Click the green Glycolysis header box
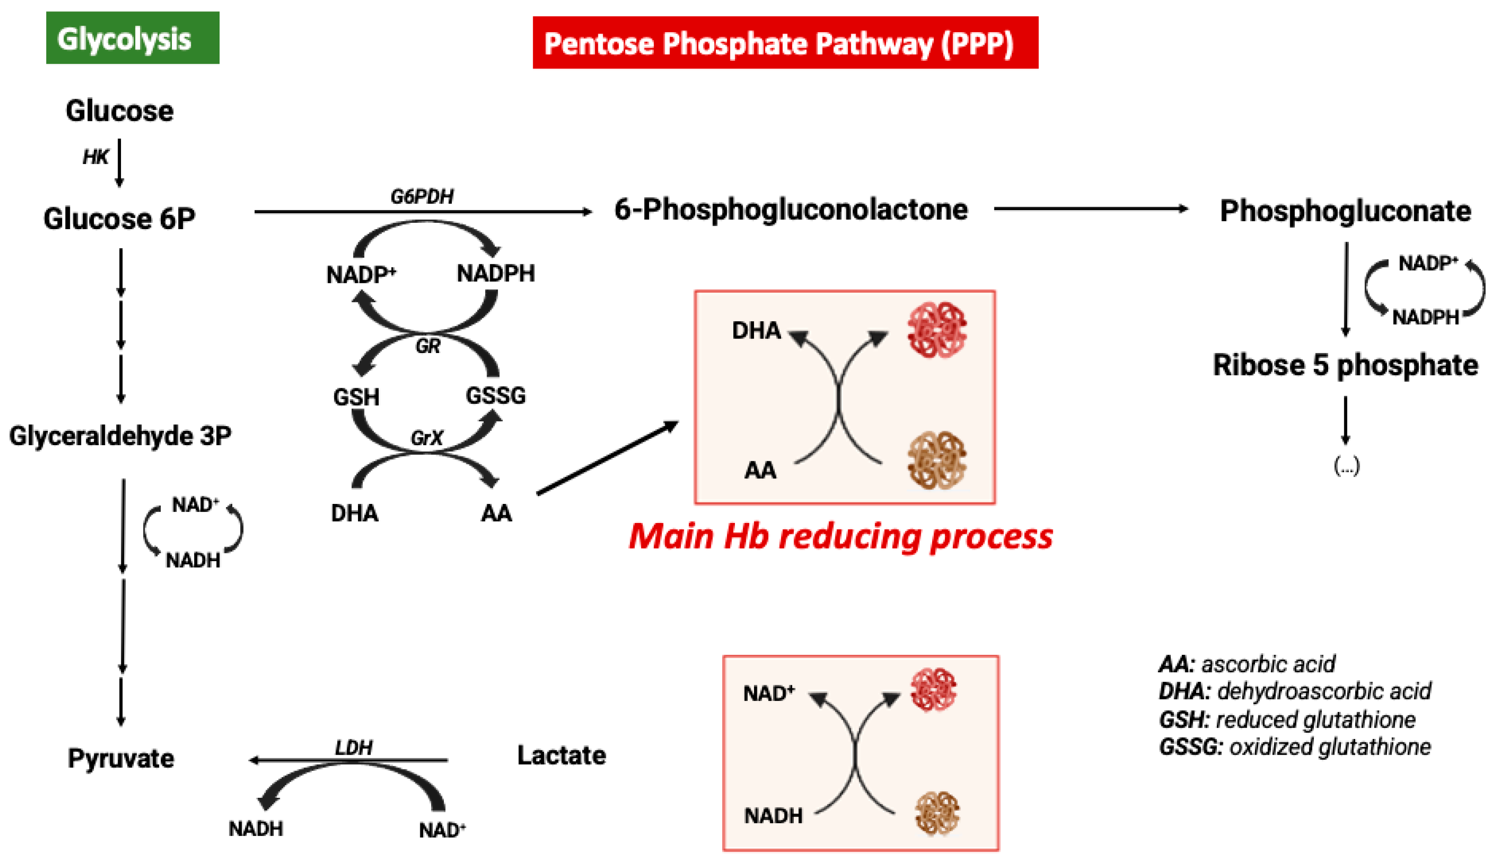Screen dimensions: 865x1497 (x=132, y=38)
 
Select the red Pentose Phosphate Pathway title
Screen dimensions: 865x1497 (x=785, y=43)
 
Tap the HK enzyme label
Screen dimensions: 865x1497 (x=95, y=157)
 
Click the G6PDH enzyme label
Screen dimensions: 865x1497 (x=422, y=197)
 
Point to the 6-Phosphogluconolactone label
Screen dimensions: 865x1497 (x=791, y=210)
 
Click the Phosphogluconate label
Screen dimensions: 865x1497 (x=1345, y=211)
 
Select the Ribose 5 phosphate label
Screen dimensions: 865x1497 (x=1345, y=365)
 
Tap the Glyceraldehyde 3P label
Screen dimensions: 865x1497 (x=120, y=436)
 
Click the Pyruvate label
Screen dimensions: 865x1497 (x=121, y=758)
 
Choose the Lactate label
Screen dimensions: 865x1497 (x=561, y=755)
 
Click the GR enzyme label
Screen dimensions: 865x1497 (x=428, y=346)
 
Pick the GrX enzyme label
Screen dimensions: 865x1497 (x=427, y=438)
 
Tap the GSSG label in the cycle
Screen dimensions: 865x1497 (x=495, y=395)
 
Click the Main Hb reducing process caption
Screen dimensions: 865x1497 (x=841, y=536)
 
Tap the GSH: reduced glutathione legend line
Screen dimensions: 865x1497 (x=1287, y=720)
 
